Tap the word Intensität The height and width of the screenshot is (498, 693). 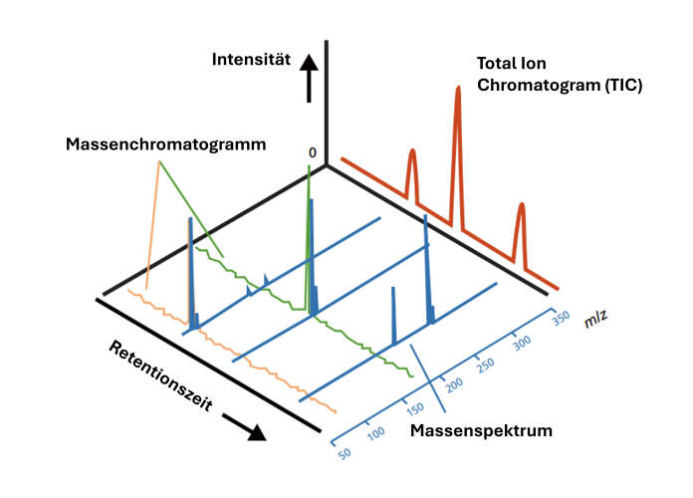click(251, 60)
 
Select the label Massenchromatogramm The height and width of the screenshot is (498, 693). click(166, 144)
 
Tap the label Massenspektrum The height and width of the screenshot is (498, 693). click(482, 431)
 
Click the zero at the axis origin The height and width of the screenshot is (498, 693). click(313, 153)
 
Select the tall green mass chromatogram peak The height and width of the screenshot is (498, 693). click(310, 174)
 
